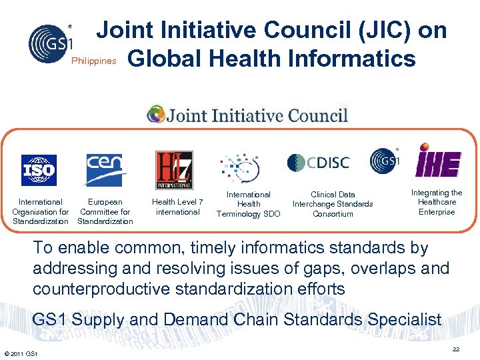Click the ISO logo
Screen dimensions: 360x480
(39, 170)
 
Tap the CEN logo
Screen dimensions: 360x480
(104, 170)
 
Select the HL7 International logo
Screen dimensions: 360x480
(174, 170)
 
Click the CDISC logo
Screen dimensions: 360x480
(318, 162)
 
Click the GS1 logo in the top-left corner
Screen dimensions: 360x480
(49, 41)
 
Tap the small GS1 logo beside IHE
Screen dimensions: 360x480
(385, 161)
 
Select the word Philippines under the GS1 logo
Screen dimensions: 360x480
(94, 61)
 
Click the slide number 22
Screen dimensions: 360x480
(457, 349)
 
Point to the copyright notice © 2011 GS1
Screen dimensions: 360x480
(21, 353)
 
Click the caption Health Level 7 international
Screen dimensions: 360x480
(177, 207)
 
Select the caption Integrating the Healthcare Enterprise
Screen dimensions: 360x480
(437, 202)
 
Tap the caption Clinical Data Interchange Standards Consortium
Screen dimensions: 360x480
(333, 204)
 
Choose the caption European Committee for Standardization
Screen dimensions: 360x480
(105, 211)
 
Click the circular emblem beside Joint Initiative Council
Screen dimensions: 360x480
(156, 115)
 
